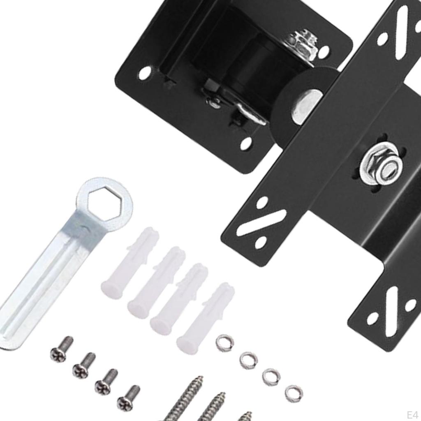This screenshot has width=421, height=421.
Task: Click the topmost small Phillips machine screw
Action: tap(62, 348)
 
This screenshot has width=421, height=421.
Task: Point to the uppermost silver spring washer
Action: tap(224, 343)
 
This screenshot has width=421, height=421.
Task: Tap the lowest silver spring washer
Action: tap(294, 393)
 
